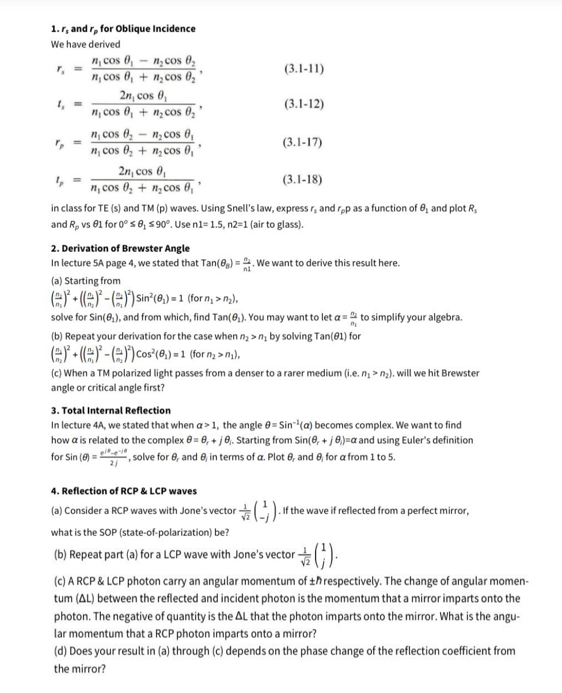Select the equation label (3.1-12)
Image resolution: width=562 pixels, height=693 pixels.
coord(304,104)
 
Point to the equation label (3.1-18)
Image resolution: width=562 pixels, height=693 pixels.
coord(304,180)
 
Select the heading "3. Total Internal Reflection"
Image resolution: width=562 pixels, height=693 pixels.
coord(111,410)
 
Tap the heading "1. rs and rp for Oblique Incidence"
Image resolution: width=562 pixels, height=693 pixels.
coord(123,28)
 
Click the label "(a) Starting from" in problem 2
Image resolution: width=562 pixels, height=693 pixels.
coord(86,280)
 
